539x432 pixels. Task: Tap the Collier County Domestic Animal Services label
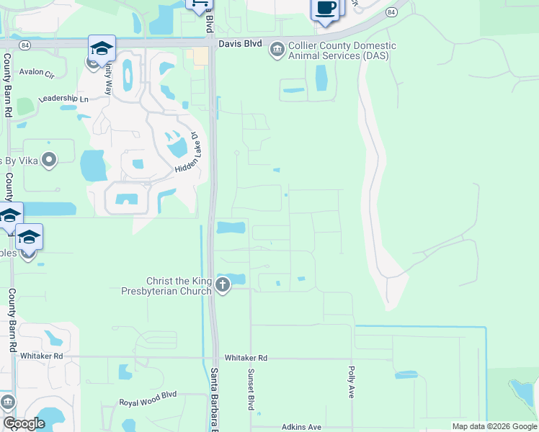click(x=342, y=50)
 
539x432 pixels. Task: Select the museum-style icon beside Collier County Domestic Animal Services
click(x=277, y=50)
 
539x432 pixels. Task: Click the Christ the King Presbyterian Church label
click(x=179, y=286)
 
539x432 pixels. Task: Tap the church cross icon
click(x=223, y=286)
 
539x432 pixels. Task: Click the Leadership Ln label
click(x=63, y=99)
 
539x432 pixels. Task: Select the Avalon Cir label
click(x=37, y=72)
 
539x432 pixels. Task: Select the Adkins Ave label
click(x=301, y=427)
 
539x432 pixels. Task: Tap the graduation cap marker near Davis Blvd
click(x=102, y=49)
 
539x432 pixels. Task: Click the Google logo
click(x=24, y=423)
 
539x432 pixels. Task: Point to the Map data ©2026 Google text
click(x=494, y=426)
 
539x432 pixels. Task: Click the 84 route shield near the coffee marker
click(x=390, y=13)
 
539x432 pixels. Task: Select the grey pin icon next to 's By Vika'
click(x=49, y=159)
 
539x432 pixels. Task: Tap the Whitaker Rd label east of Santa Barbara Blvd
click(x=246, y=358)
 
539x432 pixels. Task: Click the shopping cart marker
click(x=198, y=4)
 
